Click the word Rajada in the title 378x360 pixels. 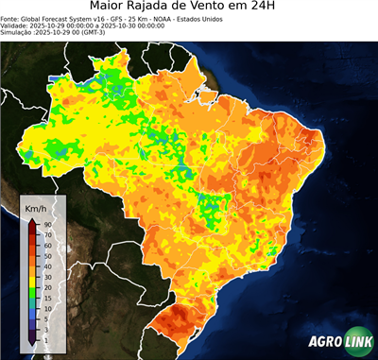pos(166,8)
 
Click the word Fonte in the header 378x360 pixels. pos(11,18)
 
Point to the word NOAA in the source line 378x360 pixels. pos(171,18)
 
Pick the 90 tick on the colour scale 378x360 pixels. pos(46,224)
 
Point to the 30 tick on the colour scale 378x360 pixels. pos(46,273)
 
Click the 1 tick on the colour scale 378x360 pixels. pos(44,338)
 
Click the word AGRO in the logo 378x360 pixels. pos(324,343)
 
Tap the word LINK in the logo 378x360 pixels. pos(357,343)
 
